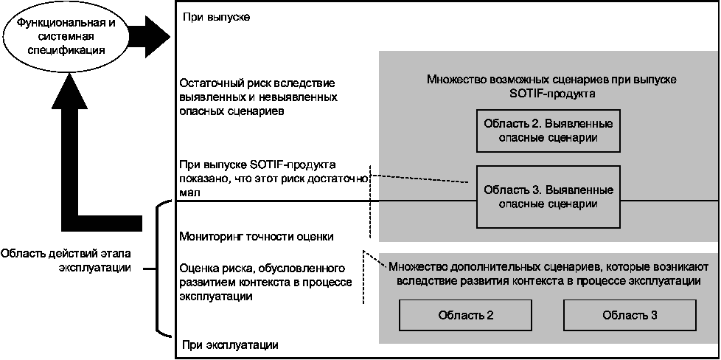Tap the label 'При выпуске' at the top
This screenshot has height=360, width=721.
(x=214, y=16)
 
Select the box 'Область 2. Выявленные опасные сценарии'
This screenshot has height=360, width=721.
(x=546, y=130)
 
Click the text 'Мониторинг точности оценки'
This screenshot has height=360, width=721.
(x=257, y=237)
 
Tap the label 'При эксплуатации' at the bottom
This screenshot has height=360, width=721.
(x=229, y=345)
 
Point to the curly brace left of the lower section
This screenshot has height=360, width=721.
(x=159, y=269)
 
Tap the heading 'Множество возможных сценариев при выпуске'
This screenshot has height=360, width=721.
(x=551, y=80)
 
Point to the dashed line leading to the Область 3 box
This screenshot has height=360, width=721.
(x=420, y=179)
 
